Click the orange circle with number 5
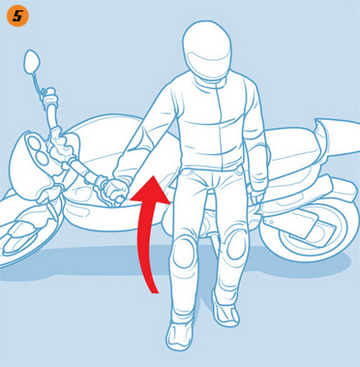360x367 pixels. [18, 17]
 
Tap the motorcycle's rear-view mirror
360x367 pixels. [32, 61]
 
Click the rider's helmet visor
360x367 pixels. [205, 61]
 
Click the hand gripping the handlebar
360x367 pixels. [116, 190]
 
